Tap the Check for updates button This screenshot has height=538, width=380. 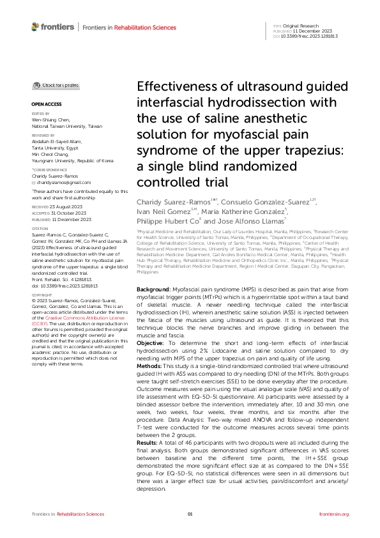click(x=57, y=85)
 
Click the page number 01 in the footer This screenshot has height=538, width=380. click(x=190, y=514)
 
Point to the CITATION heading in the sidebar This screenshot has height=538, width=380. click(x=40, y=228)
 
